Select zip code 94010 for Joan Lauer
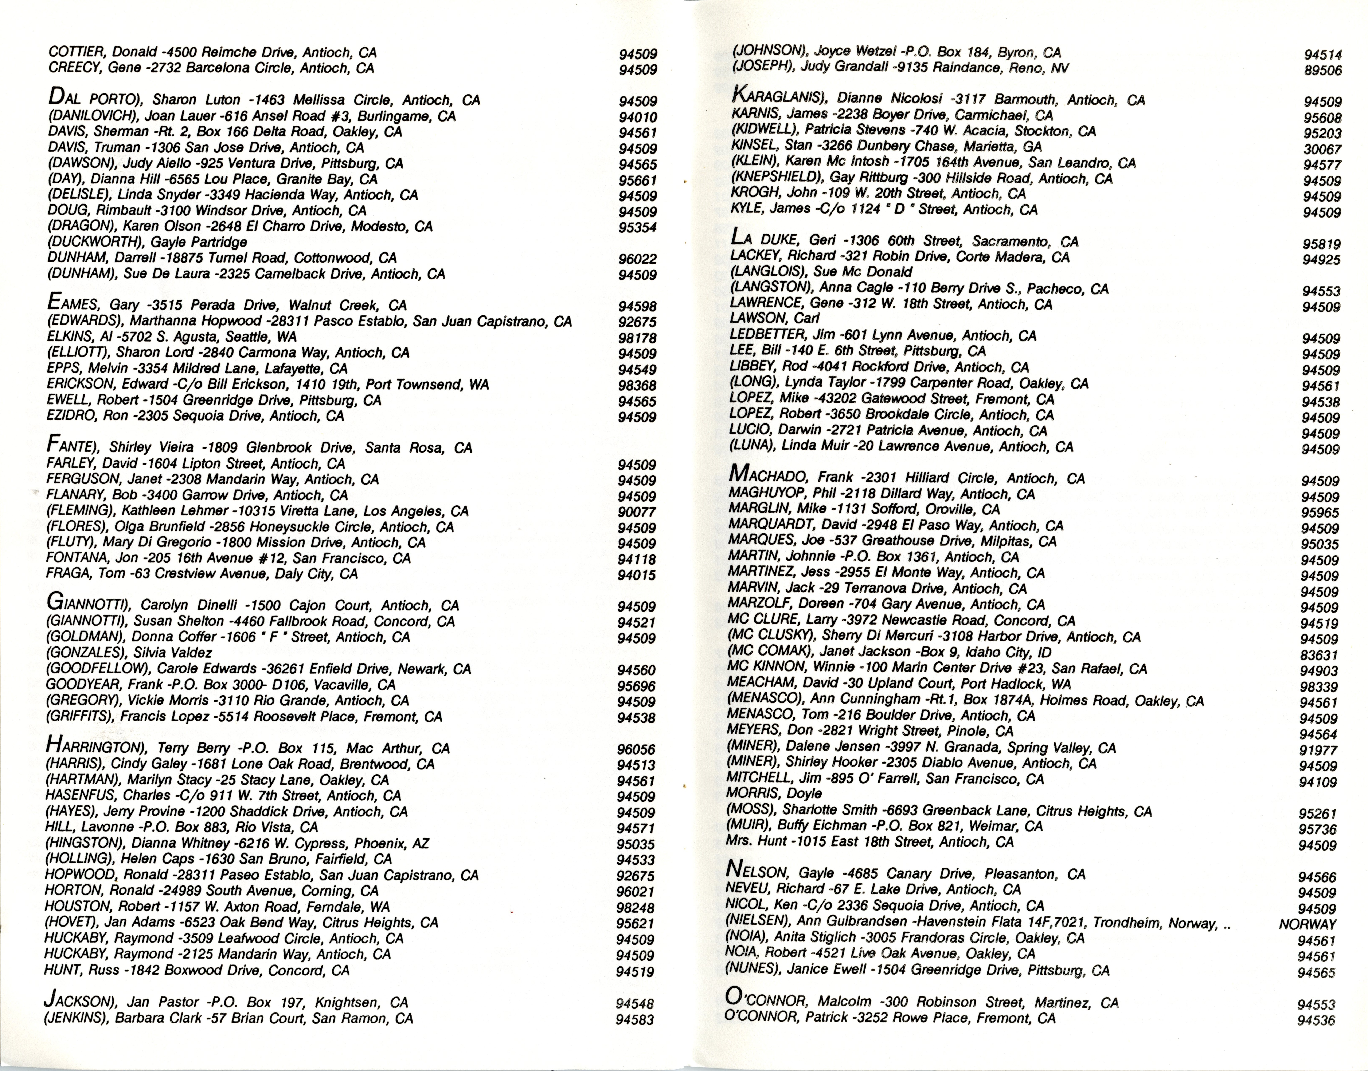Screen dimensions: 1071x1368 pos(638,117)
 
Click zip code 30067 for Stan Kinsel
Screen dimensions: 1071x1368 pos(1322,149)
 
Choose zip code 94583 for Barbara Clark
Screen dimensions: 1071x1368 pos(635,1020)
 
